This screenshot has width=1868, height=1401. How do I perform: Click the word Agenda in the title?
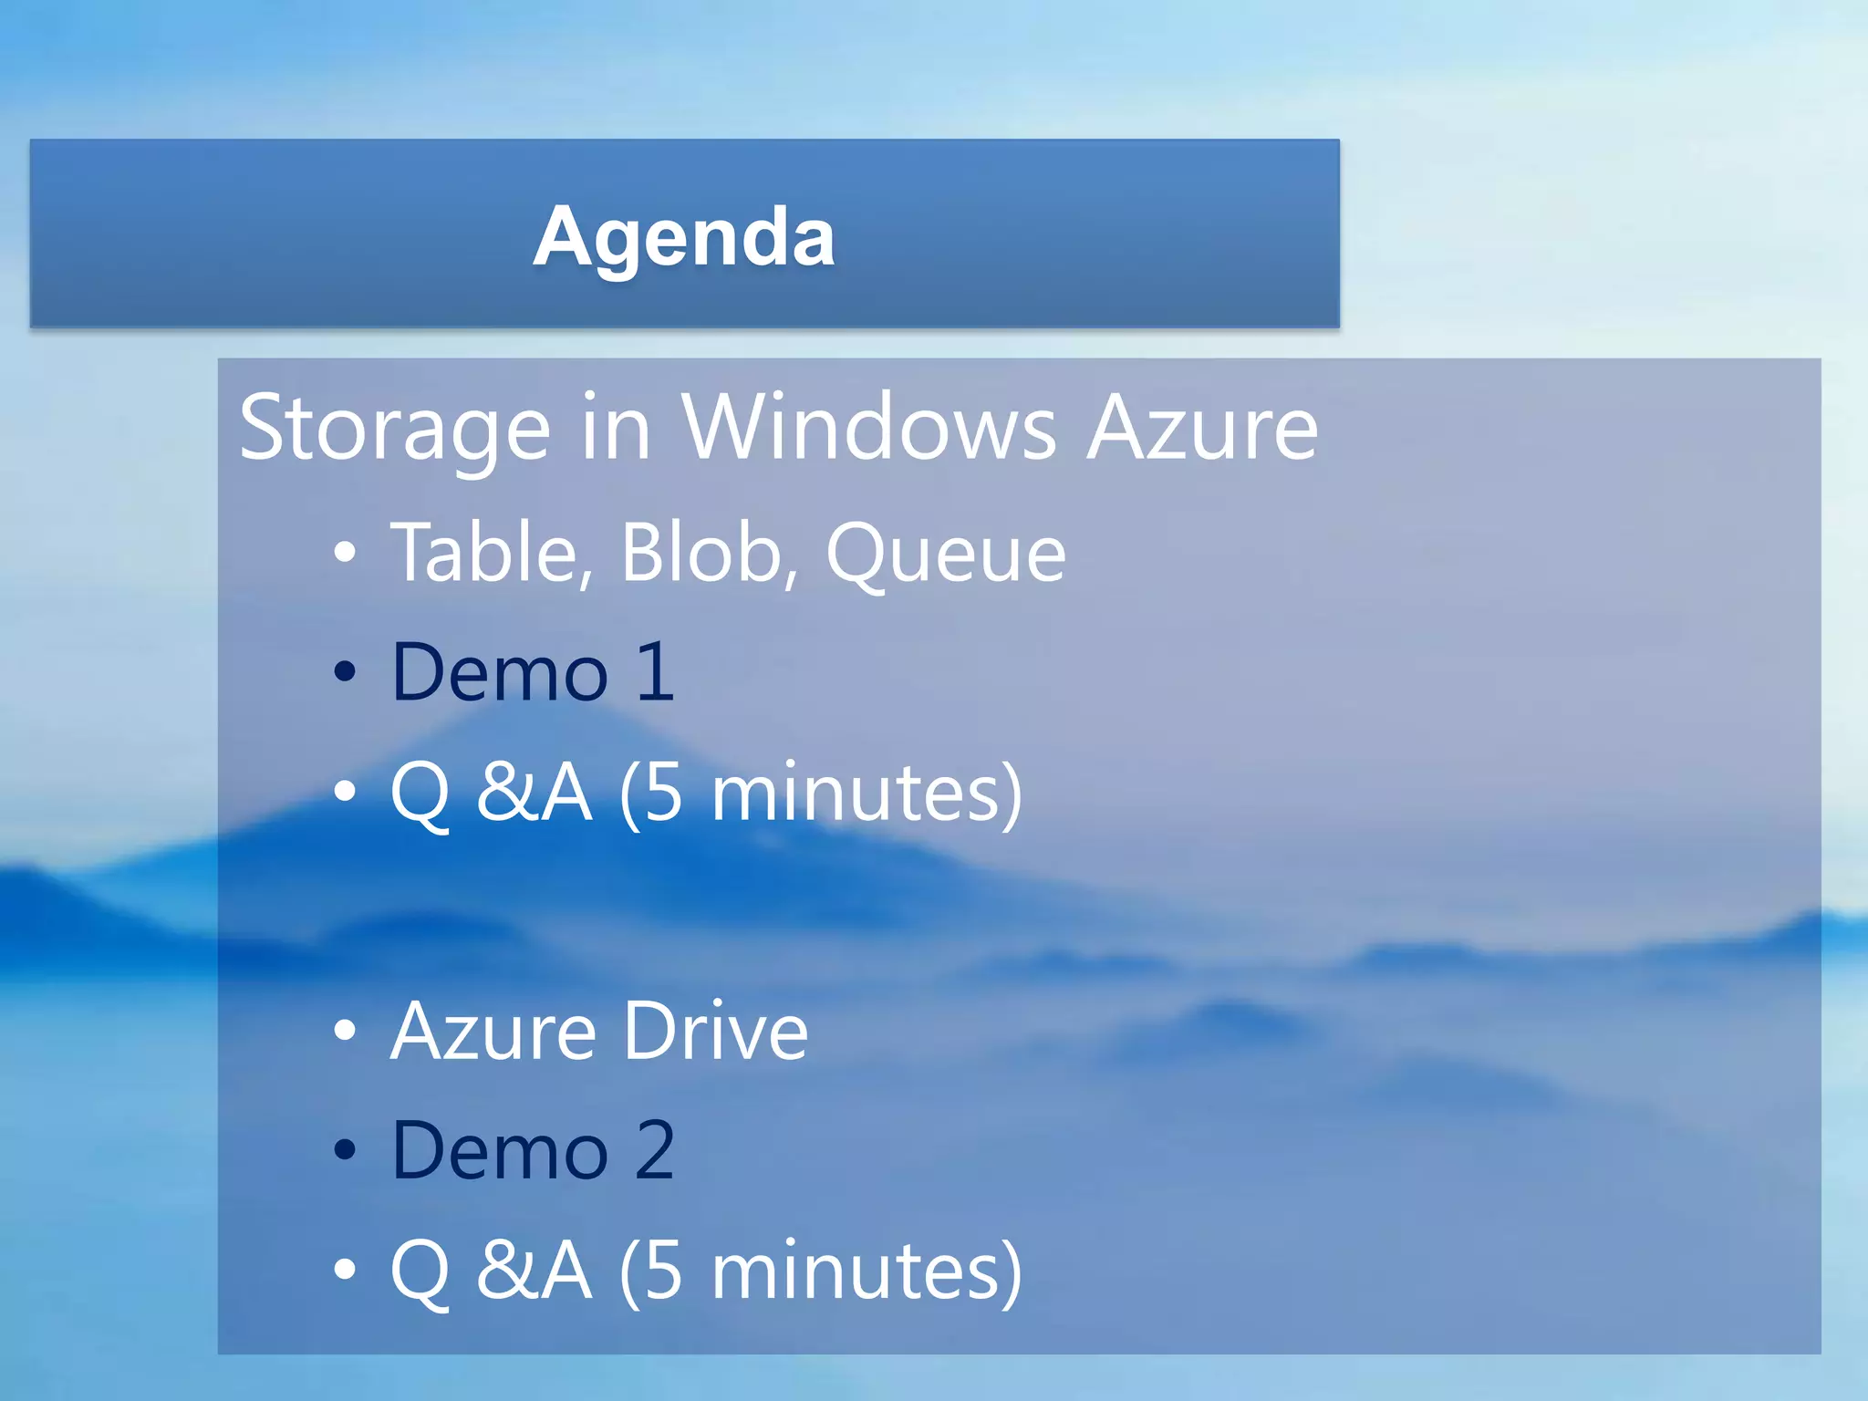coord(684,237)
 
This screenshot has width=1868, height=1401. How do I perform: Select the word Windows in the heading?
coord(869,427)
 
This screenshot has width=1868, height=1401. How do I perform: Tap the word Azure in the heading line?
coord(1203,427)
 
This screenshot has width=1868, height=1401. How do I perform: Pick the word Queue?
coord(946,555)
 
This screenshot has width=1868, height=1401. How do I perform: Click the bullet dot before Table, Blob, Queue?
coord(345,553)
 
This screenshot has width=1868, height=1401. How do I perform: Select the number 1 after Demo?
coord(655,672)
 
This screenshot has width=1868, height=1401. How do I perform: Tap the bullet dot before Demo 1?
coord(345,672)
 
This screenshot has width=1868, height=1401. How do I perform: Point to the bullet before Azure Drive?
coord(345,1031)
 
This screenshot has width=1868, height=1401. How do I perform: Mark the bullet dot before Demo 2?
coord(345,1150)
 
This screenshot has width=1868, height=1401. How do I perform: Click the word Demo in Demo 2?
coord(500,1150)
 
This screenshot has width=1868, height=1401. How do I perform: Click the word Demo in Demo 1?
coord(500,672)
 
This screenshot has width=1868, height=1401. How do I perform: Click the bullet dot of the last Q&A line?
coord(345,1270)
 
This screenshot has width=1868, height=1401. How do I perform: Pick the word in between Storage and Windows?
coord(616,427)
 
